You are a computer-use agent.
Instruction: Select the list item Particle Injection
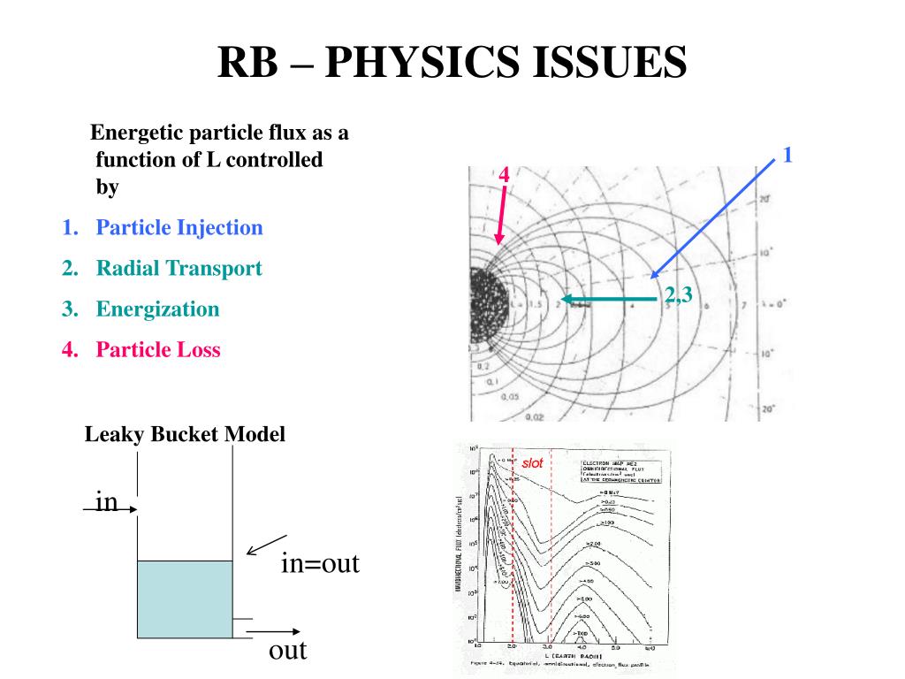[179, 228]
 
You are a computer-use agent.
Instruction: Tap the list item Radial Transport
[179, 269]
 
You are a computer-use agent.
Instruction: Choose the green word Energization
[157, 309]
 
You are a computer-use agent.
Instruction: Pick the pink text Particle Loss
[158, 350]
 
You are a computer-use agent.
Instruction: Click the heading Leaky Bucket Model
[185, 435]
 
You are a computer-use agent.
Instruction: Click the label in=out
[320, 564]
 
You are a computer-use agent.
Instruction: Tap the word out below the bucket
[287, 652]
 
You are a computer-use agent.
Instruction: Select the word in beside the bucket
[106, 502]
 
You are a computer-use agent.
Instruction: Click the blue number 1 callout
[787, 156]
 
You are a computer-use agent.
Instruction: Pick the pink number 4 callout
[504, 175]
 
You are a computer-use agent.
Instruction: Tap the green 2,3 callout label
[678, 295]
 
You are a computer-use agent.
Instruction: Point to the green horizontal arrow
[610, 299]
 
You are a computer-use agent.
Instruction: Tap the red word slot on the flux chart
[533, 463]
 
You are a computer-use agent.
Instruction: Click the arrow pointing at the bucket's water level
[266, 545]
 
